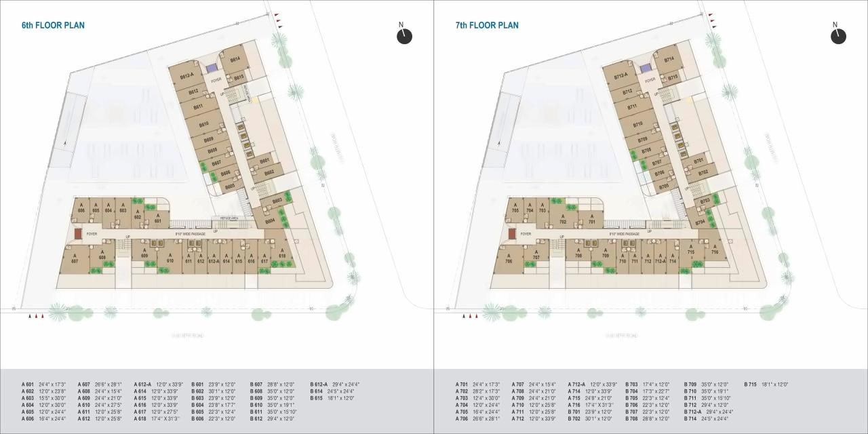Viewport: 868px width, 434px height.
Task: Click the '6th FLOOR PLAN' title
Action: point(53,26)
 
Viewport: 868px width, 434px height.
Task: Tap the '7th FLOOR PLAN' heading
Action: point(487,26)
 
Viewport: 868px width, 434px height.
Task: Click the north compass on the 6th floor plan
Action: point(404,35)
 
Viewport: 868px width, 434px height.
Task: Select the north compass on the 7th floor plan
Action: point(838,35)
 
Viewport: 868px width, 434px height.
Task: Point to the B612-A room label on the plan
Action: point(187,75)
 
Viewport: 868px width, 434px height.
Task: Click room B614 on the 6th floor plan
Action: point(235,60)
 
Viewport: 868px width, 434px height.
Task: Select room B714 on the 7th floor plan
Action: point(669,60)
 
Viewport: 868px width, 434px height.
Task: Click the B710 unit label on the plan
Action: point(637,124)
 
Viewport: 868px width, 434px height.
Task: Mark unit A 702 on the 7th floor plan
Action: point(562,219)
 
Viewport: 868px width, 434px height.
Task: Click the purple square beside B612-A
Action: point(212,67)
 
